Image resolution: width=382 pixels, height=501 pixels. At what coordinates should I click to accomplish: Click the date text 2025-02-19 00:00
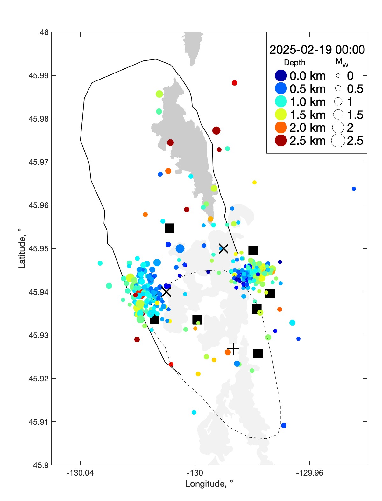317,50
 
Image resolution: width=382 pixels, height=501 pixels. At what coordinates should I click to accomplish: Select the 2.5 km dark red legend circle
281,141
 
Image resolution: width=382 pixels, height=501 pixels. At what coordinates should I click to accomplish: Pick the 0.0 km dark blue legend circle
281,76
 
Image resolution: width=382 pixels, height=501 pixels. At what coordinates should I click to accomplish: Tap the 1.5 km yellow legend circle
281,115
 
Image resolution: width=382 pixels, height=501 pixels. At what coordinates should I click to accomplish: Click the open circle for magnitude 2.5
338,141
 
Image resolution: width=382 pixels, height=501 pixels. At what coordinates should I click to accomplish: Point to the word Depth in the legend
294,63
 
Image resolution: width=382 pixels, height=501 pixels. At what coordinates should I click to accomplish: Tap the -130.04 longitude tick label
80,473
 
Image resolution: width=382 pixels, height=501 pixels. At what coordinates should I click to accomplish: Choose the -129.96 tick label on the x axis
309,473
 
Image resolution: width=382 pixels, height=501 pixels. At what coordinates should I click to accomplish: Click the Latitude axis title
22,248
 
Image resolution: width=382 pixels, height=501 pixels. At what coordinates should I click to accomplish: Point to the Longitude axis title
209,484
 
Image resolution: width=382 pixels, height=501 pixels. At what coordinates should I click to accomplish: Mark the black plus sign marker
233,349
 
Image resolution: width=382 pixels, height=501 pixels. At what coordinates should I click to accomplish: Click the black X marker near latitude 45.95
223,248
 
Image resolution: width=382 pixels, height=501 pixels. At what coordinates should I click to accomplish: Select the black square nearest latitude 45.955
169,228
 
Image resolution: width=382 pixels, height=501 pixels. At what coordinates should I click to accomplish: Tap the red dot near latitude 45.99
234,83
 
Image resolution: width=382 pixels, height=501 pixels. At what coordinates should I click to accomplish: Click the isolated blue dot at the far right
354,189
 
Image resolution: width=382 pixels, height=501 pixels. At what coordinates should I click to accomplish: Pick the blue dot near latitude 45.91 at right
284,426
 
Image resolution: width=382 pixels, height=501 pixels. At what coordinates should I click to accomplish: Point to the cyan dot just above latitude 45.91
194,413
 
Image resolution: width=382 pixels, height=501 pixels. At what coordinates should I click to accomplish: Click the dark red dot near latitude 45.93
137,340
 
